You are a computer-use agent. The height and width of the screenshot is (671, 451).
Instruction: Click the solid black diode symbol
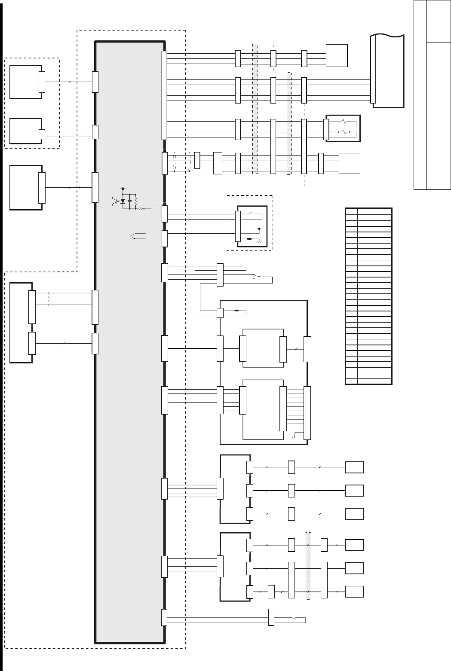point(123,201)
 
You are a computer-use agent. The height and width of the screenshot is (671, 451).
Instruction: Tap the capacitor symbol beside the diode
point(129,201)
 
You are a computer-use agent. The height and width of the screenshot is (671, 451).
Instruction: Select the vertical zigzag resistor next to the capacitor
point(135,201)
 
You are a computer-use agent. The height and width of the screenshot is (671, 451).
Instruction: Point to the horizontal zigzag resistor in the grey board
point(142,209)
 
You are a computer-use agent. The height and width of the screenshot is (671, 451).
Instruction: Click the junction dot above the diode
point(123,189)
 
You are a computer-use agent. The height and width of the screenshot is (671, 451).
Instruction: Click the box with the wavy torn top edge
point(388,71)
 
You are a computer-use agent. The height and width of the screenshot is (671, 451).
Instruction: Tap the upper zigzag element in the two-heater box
point(344,122)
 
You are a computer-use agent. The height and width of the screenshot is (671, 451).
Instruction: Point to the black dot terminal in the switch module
point(259,229)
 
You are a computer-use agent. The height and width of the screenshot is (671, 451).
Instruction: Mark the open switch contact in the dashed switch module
point(250,213)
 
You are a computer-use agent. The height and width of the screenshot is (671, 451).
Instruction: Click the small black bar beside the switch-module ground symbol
point(250,238)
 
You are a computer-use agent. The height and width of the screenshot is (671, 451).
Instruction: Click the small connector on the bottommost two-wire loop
point(271,617)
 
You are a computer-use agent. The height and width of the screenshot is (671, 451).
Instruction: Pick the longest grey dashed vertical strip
point(255,108)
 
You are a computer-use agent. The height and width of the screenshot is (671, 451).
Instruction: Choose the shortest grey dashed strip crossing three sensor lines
point(308,566)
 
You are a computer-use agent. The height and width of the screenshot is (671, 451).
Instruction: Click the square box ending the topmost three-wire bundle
point(337,55)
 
